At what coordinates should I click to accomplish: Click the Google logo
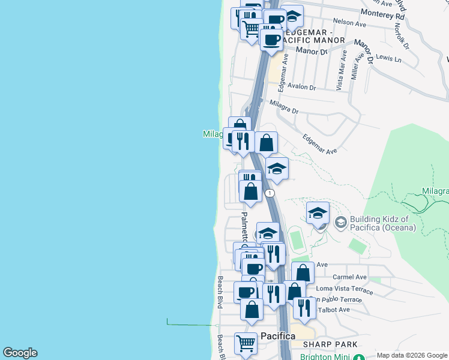click(x=20, y=353)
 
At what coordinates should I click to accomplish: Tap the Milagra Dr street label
click(x=284, y=107)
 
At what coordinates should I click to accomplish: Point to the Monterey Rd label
click(x=383, y=14)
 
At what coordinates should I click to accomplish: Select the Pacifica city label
click(x=278, y=336)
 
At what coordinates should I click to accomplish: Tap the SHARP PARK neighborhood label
click(x=330, y=344)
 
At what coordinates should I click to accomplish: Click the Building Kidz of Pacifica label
click(x=384, y=223)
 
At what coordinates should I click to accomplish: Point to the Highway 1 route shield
click(x=271, y=193)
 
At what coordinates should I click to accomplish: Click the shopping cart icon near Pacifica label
click(x=246, y=343)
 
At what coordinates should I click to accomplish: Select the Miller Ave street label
click(x=356, y=65)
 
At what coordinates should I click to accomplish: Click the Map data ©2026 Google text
click(x=412, y=355)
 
